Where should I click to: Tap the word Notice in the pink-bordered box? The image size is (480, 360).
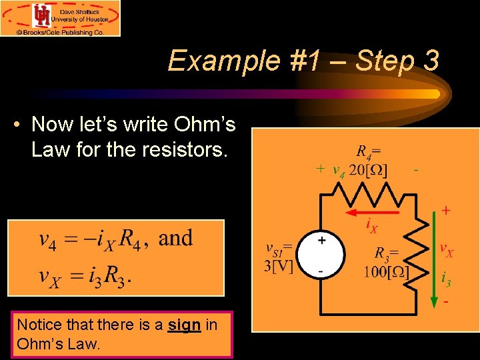click(x=38, y=325)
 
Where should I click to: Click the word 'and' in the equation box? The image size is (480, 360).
click(x=175, y=238)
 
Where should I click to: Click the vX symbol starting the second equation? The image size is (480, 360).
click(x=49, y=275)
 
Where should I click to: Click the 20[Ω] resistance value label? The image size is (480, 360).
click(x=369, y=169)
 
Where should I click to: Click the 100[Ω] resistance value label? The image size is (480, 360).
click(x=386, y=272)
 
